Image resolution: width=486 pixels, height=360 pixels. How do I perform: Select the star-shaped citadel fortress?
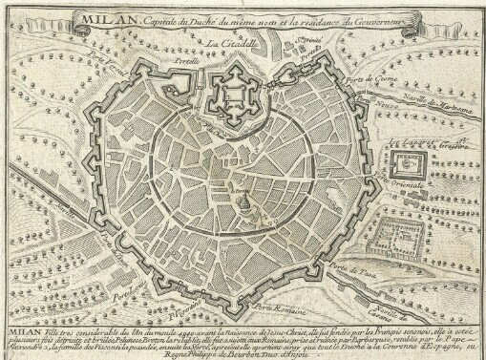[235, 94]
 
